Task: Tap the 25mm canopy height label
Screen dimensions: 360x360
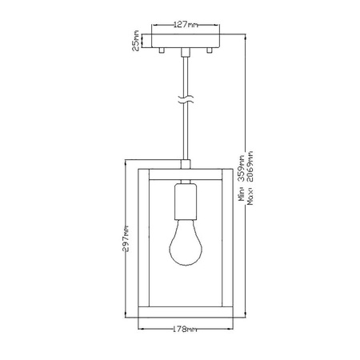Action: (137, 40)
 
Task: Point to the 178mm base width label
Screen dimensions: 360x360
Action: (185, 329)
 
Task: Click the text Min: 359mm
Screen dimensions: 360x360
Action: (241, 185)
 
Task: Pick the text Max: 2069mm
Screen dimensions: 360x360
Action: (250, 185)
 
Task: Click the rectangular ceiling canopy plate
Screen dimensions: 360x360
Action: (186, 40)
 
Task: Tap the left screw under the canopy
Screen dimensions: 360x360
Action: (162, 50)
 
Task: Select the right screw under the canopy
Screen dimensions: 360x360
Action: (210, 50)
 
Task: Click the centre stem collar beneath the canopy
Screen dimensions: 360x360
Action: (186, 53)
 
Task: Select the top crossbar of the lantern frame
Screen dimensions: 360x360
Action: (185, 170)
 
